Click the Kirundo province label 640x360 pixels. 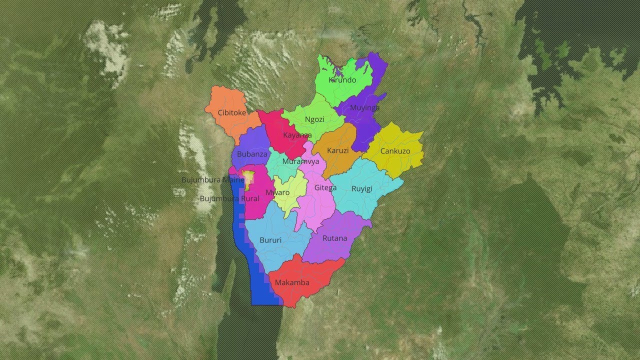point(342,80)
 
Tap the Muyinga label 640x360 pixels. point(364,107)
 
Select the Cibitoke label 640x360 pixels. point(232,112)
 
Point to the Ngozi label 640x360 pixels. point(314,119)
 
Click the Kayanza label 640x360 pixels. point(297,135)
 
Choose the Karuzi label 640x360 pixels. point(337,150)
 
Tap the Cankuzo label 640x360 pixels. point(395,151)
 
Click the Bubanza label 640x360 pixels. point(252,154)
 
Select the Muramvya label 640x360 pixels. point(300,161)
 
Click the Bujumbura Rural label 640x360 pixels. point(229,198)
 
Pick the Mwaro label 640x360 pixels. point(277,192)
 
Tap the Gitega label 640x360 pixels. point(325,188)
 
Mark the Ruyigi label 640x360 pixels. point(362,188)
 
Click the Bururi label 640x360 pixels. point(270,240)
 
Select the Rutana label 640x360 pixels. point(334,238)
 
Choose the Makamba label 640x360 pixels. point(292,282)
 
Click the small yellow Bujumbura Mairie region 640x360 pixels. point(248,178)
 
